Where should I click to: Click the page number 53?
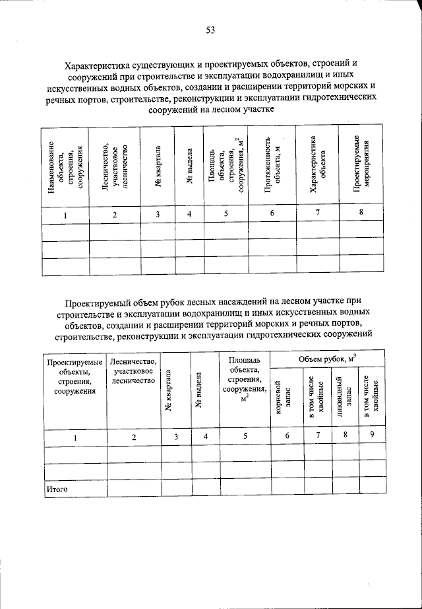[x=210, y=28]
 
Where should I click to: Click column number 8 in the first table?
[x=361, y=213]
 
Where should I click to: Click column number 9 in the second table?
[x=372, y=435]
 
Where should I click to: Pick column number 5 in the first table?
[x=226, y=213]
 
